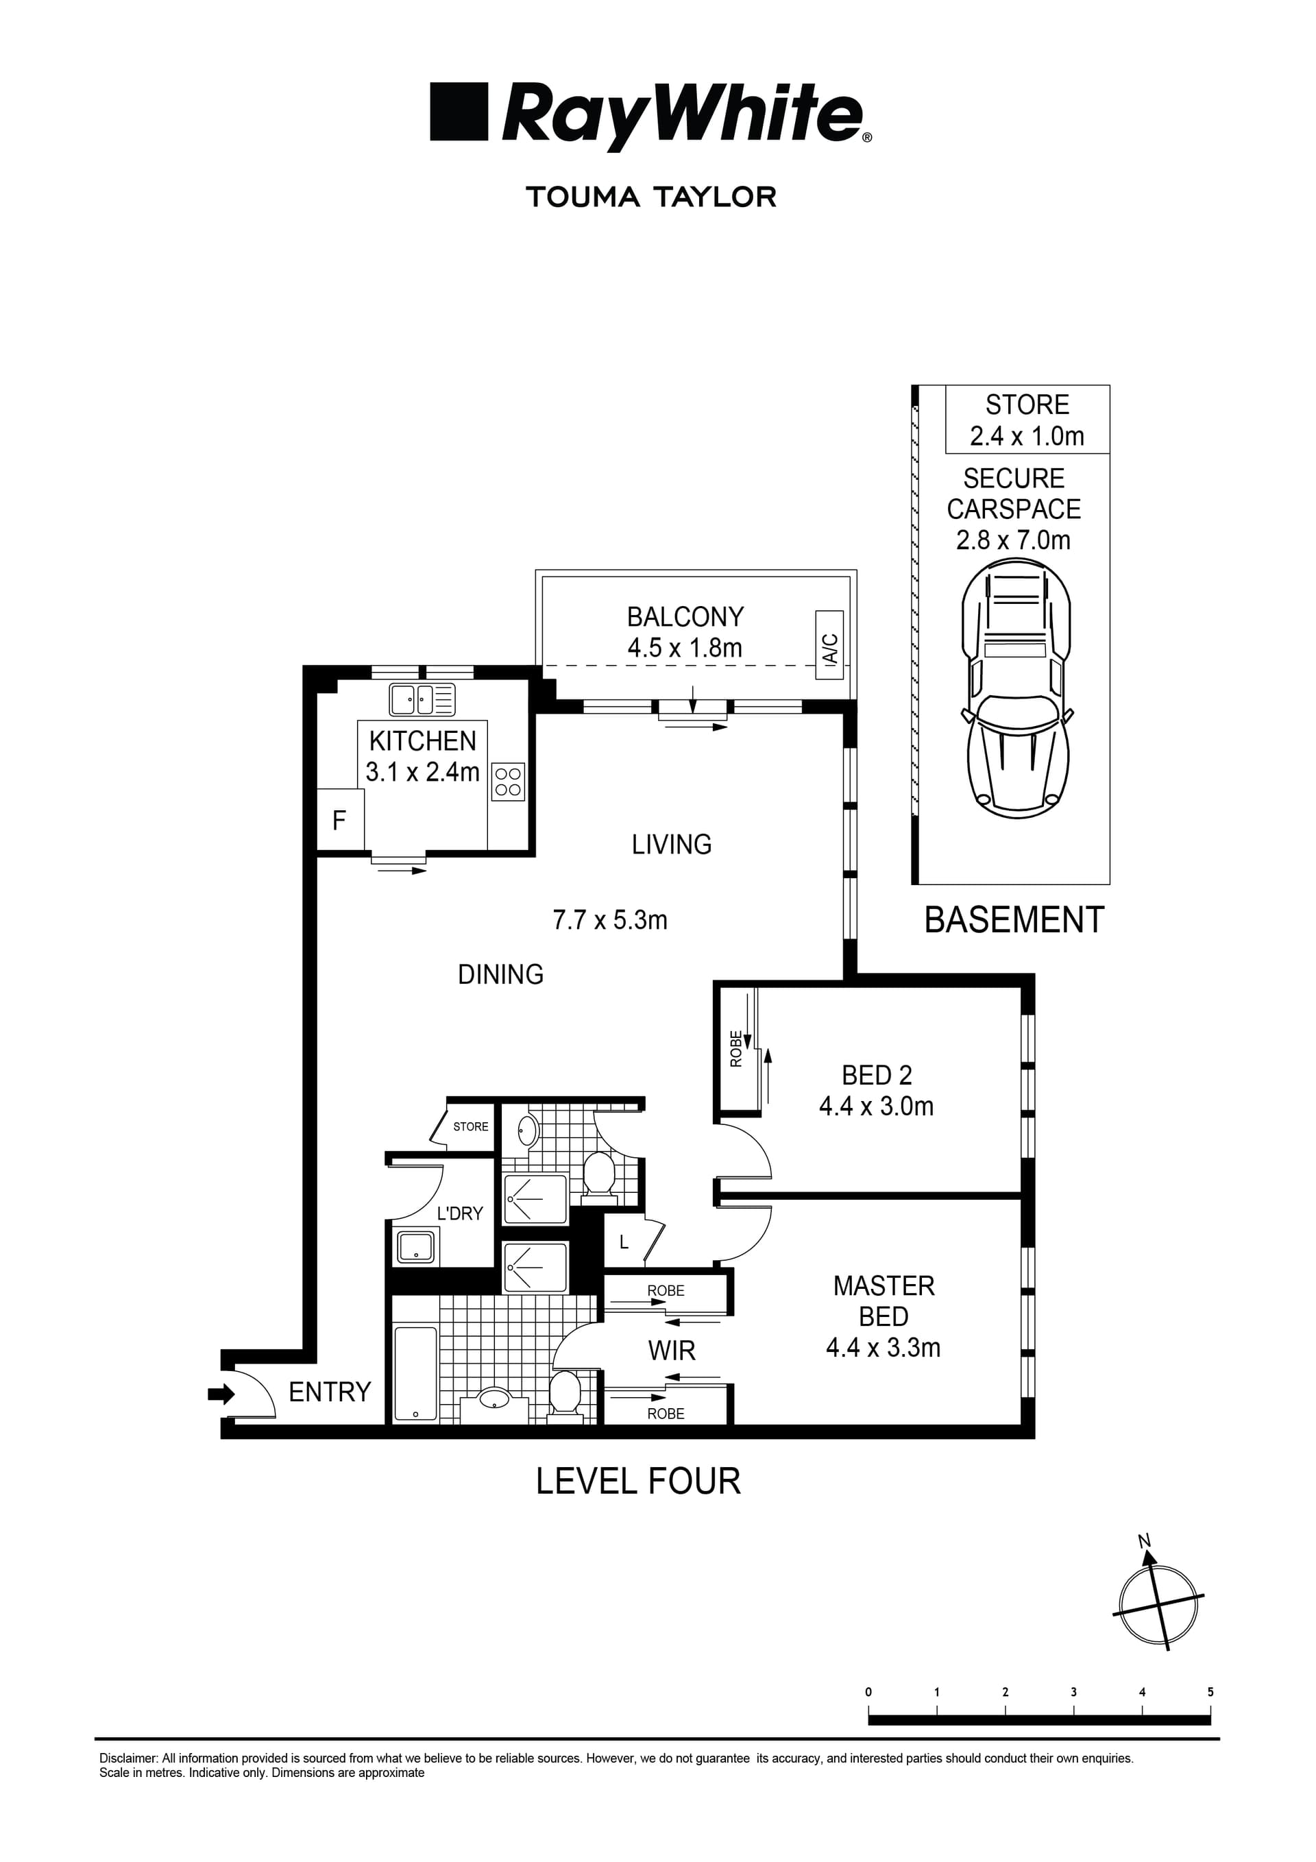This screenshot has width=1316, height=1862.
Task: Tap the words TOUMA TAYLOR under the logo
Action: coord(651,197)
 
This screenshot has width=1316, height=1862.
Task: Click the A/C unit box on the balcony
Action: coord(829,644)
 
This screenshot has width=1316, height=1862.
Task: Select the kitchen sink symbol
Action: coord(422,700)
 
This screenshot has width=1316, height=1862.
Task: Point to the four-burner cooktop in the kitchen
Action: coord(509,782)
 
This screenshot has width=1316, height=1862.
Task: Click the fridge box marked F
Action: coord(340,821)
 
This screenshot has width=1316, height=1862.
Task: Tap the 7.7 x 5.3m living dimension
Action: coord(610,921)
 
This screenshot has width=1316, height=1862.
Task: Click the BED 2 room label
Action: coord(877,1076)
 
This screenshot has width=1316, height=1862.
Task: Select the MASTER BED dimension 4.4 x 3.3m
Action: coord(883,1348)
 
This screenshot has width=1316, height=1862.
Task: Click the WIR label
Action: coord(672,1351)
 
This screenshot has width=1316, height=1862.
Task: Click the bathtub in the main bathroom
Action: coord(415,1374)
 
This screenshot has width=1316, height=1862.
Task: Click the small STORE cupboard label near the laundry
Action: coord(470,1126)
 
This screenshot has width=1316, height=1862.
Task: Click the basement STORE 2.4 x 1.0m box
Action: coord(1027,420)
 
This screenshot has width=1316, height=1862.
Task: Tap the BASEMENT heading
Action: coord(1014,921)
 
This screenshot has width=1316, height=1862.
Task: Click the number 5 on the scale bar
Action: coord(1210,1692)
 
